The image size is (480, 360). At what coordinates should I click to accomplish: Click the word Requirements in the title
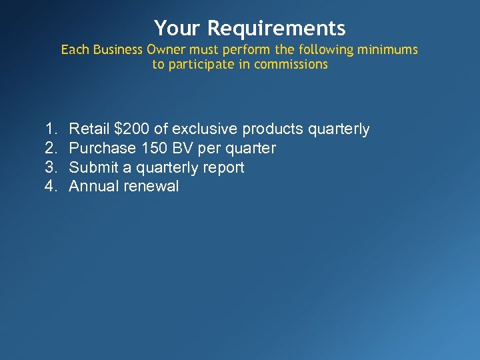276,29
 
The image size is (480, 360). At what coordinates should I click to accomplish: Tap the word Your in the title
178,28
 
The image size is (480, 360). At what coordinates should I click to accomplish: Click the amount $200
131,129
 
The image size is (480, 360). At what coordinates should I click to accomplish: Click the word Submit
93,167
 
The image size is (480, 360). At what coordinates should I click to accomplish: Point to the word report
223,168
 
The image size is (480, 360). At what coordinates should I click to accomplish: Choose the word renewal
151,187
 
